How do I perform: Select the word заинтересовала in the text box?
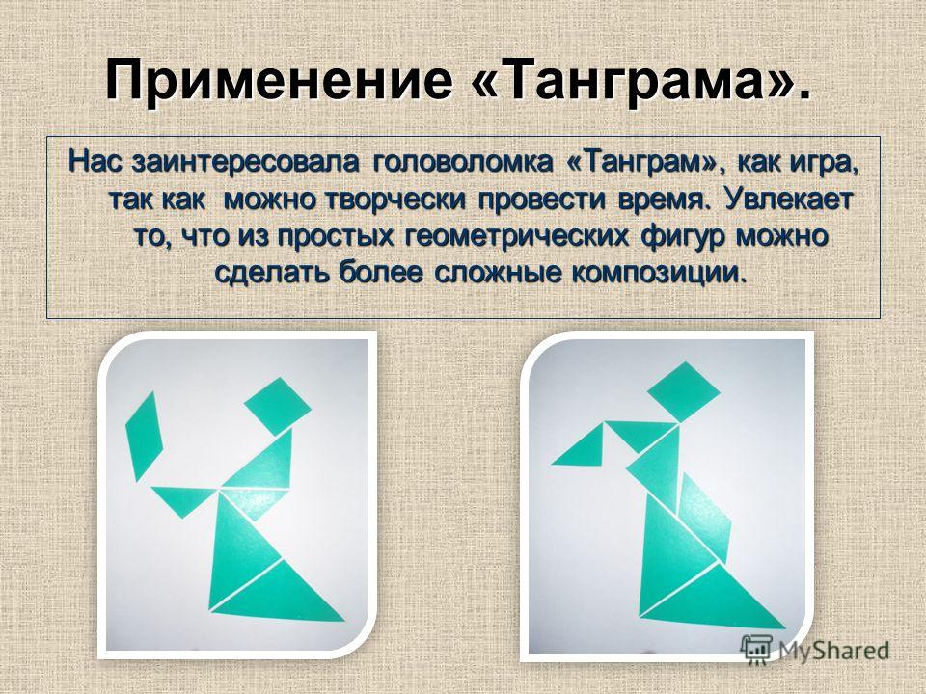click(246, 162)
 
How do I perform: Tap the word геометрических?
click(518, 237)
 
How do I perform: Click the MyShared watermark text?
click(833, 651)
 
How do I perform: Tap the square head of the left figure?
click(278, 406)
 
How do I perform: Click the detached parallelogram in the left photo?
click(144, 436)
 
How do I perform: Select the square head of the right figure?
click(683, 392)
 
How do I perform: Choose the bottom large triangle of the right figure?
click(712, 598)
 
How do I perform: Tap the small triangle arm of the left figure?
click(183, 498)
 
